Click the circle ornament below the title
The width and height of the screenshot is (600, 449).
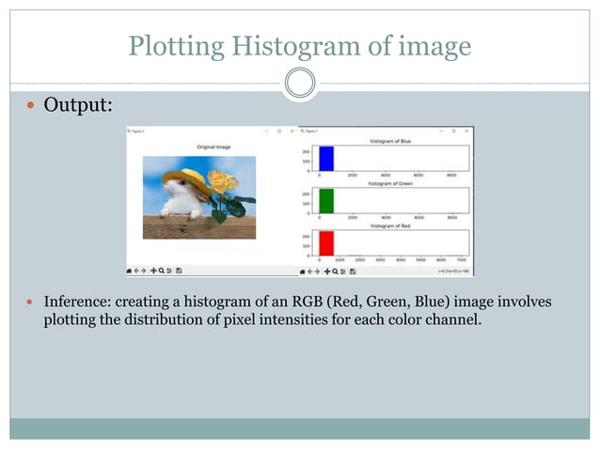(x=299, y=84)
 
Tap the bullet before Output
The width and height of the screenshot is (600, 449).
(x=30, y=106)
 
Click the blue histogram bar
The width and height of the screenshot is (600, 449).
(x=326, y=158)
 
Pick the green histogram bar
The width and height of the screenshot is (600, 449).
(x=326, y=201)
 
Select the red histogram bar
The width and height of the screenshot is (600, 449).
(x=326, y=242)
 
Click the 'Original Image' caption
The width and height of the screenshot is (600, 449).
(x=213, y=147)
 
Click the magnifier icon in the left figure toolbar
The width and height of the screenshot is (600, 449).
(x=163, y=271)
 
